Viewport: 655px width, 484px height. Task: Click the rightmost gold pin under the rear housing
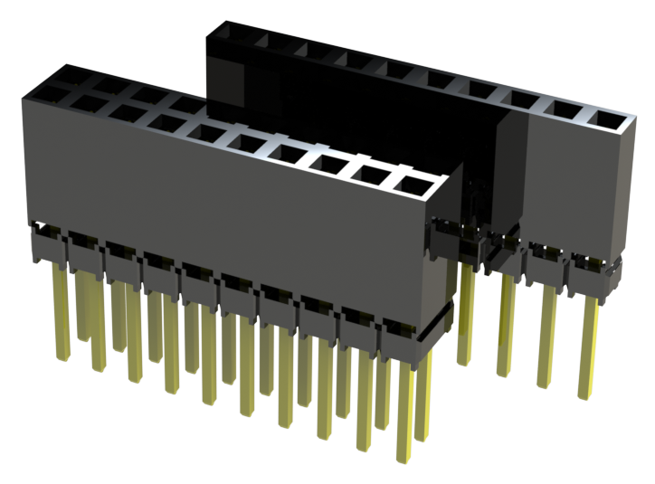point(588,344)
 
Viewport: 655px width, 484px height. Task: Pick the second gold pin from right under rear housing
point(546,335)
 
